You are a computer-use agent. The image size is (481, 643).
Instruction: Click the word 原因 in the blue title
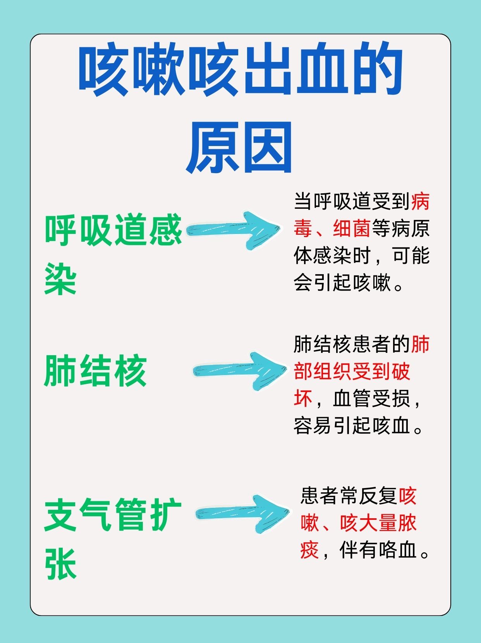[240, 148]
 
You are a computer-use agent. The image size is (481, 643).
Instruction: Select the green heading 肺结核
[96, 371]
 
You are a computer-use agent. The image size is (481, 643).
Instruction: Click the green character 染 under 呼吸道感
[61, 279]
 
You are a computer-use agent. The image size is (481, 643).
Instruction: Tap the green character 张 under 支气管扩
[61, 564]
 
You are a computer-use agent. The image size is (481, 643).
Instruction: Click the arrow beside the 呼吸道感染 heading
[234, 230]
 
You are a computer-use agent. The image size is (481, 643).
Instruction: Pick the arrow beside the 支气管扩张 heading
[242, 514]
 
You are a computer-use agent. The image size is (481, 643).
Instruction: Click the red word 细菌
[352, 229]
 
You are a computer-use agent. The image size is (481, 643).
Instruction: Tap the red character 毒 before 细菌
[303, 229]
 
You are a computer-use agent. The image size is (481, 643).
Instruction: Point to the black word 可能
[411, 256]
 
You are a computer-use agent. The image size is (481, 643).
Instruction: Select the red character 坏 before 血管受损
[303, 398]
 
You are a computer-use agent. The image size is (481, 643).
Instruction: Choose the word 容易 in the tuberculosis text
[313, 425]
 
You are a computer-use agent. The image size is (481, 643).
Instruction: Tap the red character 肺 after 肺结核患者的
[420, 344]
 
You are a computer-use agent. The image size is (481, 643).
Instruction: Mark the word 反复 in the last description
[378, 496]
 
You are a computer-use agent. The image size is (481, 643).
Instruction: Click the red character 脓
[407, 523]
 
